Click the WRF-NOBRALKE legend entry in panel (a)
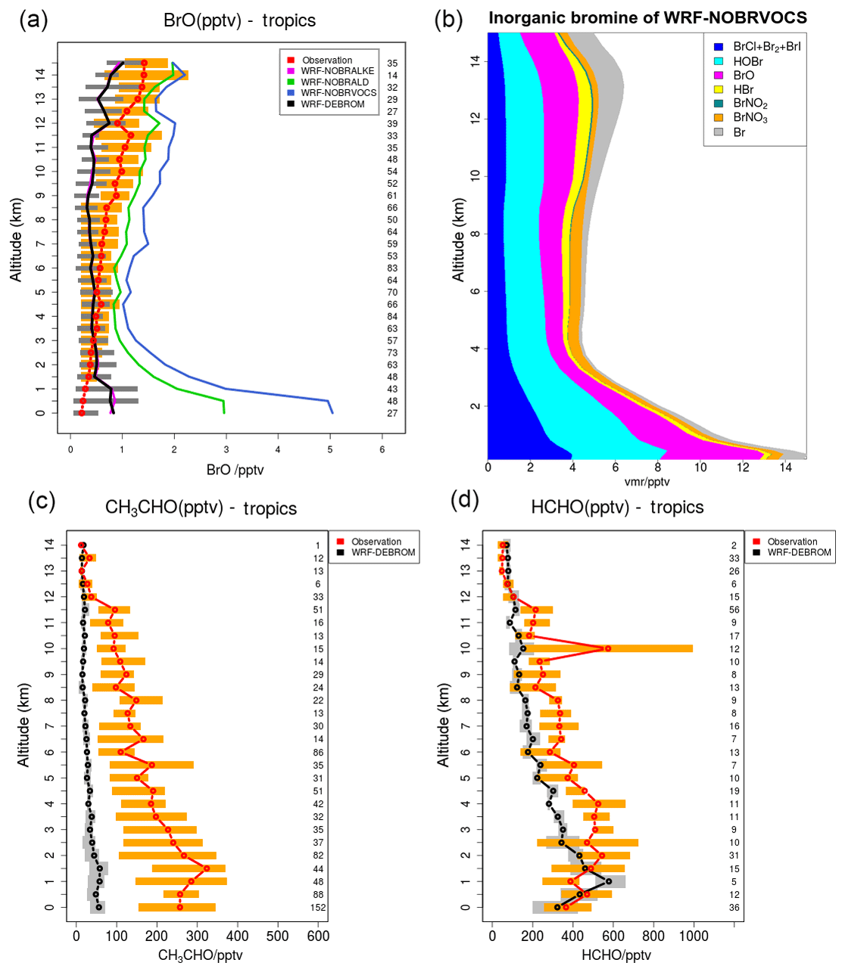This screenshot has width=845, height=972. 337,71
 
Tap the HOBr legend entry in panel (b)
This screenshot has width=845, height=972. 747,61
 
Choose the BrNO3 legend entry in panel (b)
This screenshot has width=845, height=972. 750,118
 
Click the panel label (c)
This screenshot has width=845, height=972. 42,502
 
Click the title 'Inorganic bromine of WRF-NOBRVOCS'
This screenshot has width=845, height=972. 647,18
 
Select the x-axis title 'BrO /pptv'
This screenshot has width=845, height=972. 235,470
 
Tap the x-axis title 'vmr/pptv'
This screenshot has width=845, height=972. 647,482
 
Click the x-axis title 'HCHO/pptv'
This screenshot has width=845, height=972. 616,955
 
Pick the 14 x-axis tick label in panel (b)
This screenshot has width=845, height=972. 785,467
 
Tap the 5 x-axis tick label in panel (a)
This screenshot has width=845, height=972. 330,449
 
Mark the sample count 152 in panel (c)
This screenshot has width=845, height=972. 318,908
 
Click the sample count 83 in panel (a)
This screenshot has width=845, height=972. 392,269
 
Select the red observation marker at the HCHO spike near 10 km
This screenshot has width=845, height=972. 607,648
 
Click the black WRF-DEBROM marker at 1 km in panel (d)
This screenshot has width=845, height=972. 608,881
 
